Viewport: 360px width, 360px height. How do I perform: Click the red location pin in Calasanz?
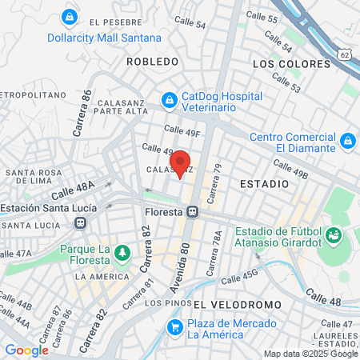(x=180, y=162)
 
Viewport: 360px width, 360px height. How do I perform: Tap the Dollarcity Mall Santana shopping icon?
(x=70, y=16)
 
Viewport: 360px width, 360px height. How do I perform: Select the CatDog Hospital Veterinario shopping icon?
(x=169, y=99)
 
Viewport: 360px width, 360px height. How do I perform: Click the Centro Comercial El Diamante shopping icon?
(x=346, y=142)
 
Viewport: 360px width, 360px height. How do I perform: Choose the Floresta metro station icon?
(x=193, y=212)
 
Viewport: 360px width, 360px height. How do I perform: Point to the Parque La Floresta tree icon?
(x=122, y=254)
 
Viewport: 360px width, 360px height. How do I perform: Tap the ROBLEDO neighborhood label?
(x=152, y=62)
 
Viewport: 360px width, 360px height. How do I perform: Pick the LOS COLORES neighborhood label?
(x=291, y=63)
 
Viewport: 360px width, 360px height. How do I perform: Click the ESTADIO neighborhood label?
(x=264, y=184)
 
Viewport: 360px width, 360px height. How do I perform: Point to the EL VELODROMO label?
(x=238, y=305)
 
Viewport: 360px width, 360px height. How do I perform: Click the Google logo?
(x=26, y=350)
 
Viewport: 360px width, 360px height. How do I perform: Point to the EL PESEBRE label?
(x=115, y=22)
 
